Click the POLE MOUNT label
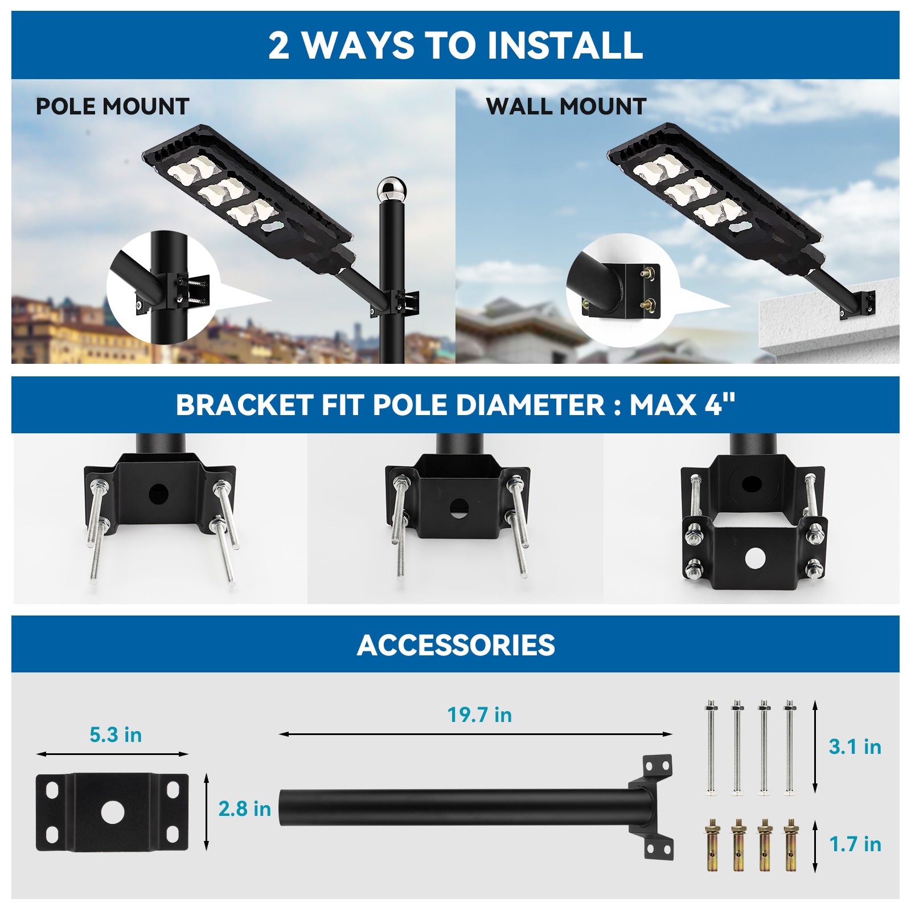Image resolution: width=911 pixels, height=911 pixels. pyautogui.click(x=112, y=107)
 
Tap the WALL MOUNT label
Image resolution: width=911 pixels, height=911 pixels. pyautogui.click(x=566, y=107)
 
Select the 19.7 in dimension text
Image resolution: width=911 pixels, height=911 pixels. pyautogui.click(x=479, y=715)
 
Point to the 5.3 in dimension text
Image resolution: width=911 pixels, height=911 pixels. pyautogui.click(x=116, y=734)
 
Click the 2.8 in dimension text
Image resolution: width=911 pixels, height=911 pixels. pyautogui.click(x=245, y=809)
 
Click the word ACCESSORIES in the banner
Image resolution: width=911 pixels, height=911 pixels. pyautogui.click(x=455, y=645)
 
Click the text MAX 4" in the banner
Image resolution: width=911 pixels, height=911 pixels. pyautogui.click(x=682, y=405)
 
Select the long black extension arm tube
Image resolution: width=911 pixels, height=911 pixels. pyautogui.click(x=455, y=807)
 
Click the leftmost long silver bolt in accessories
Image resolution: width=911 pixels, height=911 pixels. pyautogui.click(x=711, y=746)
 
